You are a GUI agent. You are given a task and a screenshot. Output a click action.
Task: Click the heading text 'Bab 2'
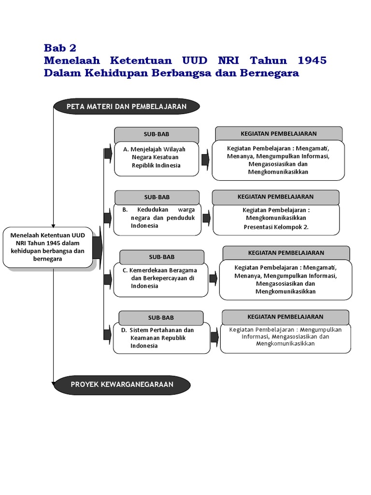click(x=60, y=48)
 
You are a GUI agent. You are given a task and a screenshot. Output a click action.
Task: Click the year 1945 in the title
click(x=312, y=60)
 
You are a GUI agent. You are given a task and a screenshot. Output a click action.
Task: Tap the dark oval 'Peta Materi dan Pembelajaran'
click(x=127, y=106)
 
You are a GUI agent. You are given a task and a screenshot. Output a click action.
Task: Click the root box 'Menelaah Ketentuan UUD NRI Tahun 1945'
click(x=47, y=247)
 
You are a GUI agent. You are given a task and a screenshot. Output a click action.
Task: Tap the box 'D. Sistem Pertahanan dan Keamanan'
click(x=161, y=338)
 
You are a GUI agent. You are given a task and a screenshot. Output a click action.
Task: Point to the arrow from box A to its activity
click(x=205, y=158)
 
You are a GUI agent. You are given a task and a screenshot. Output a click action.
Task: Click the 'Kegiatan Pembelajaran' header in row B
click(x=275, y=197)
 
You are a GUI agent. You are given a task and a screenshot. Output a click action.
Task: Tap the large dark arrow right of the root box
click(x=97, y=247)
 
